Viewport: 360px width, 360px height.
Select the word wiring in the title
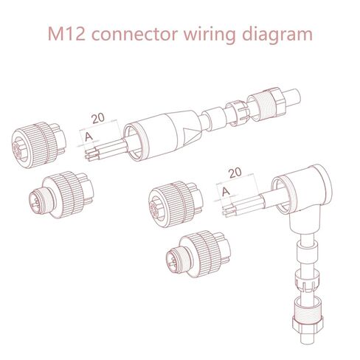pos(214,34)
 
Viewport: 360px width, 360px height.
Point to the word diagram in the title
pos(279,34)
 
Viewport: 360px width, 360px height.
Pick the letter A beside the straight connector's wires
pos(89,136)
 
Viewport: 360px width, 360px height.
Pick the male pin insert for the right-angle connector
pos(194,254)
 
